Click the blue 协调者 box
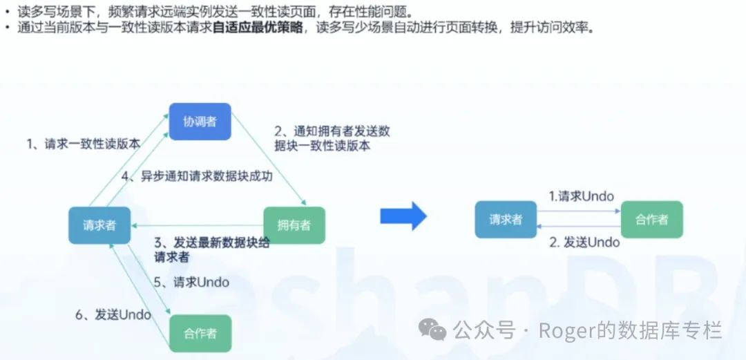200,122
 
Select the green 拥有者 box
294,225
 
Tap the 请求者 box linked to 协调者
99,225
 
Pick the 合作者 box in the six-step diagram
200,333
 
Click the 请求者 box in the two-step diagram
506,220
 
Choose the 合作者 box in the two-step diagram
651,220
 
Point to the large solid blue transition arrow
403,216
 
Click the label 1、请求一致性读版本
83,144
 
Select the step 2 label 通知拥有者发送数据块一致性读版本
332,138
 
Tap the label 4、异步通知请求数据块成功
197,176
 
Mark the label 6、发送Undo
113,314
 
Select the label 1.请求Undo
581,196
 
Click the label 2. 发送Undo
584,242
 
